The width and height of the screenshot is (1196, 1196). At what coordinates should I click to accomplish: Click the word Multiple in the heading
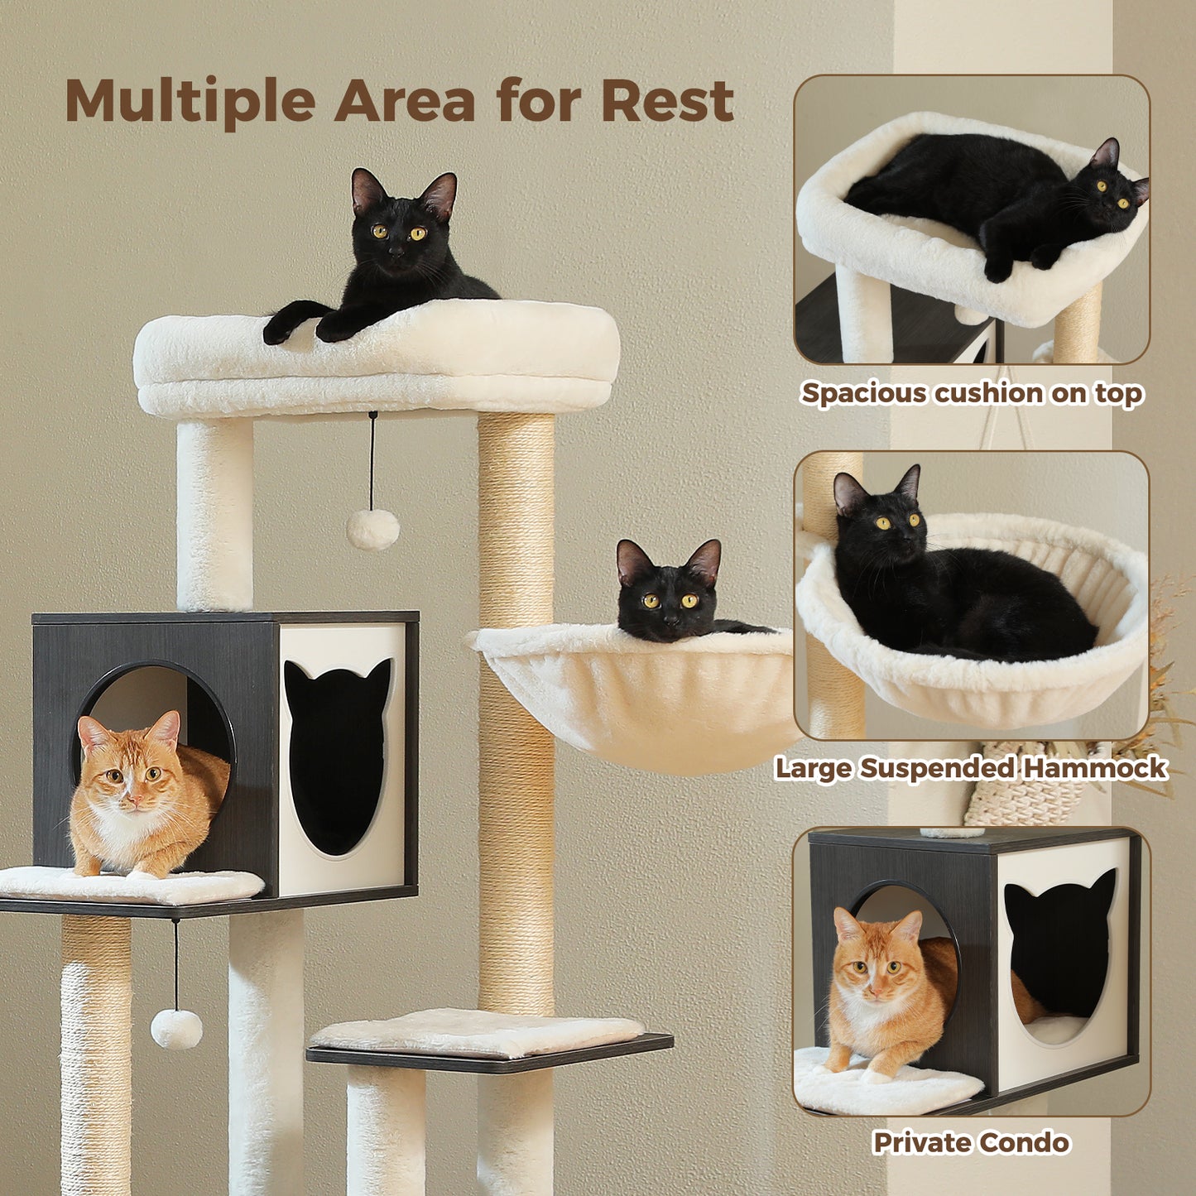(x=190, y=101)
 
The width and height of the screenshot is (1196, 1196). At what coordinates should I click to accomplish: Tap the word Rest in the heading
(x=667, y=101)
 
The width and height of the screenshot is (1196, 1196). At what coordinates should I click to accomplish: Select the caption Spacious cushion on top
(x=972, y=393)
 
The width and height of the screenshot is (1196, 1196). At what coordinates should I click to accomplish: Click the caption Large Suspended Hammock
(x=970, y=768)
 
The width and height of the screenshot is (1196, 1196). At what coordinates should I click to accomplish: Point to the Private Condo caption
(x=971, y=1143)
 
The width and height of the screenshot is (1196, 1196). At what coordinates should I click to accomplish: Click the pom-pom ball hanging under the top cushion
(x=372, y=529)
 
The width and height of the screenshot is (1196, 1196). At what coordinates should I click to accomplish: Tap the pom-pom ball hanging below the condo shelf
(x=176, y=1028)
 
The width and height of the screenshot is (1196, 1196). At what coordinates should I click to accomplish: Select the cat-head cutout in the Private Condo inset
(x=1059, y=944)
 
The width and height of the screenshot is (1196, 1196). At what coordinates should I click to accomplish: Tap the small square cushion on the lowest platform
(x=478, y=1032)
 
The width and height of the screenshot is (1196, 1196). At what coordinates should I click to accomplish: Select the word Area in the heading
(x=404, y=101)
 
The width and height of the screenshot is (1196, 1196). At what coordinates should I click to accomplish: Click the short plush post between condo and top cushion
(x=214, y=513)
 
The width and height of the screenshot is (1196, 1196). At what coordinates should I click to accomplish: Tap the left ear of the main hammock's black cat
(x=632, y=560)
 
